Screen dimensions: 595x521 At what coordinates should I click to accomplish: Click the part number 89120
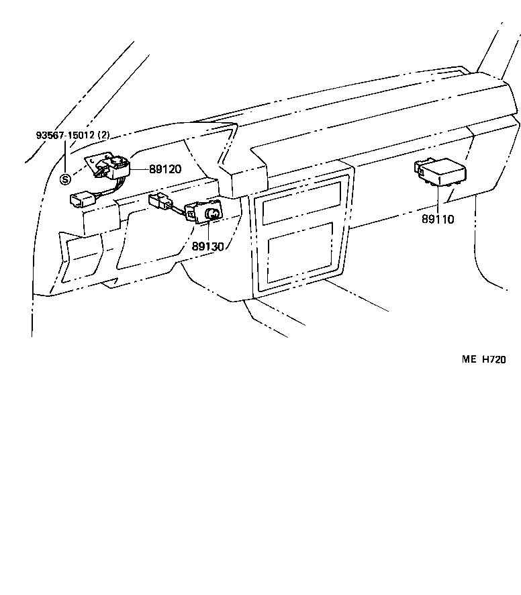point(165,169)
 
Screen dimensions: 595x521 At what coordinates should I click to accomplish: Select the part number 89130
point(207,246)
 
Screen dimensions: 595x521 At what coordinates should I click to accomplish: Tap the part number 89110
point(438,219)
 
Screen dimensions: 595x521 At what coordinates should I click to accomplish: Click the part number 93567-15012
point(66,135)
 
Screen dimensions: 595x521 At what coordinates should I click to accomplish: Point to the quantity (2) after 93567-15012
point(103,135)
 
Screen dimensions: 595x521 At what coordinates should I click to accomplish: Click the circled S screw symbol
point(65,179)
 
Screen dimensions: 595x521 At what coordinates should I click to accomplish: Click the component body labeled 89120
point(116,165)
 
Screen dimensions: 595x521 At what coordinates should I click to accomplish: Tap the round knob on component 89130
point(211,215)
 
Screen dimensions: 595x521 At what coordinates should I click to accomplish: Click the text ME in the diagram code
point(468,359)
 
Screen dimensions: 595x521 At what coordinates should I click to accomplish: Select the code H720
point(493,359)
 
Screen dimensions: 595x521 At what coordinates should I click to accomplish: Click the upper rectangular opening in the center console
point(301,201)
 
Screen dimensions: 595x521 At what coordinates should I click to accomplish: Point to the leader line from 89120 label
point(140,169)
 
